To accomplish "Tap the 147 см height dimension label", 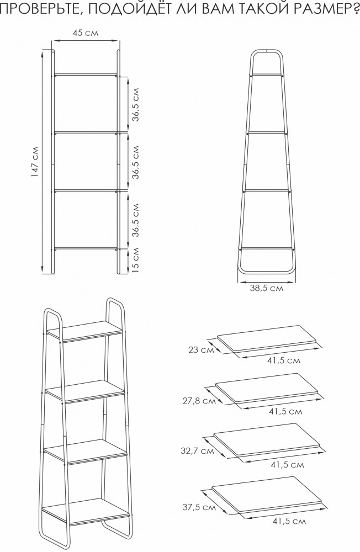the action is point(35,162).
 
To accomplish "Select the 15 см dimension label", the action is point(135,260).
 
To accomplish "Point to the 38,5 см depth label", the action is point(267,288).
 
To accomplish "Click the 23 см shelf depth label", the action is point(201,350).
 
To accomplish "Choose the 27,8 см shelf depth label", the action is point(199,401).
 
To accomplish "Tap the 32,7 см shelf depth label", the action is point(197,451).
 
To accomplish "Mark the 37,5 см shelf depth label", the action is point(199,507).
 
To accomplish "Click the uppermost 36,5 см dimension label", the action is point(136,104).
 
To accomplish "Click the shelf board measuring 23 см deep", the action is point(267,339).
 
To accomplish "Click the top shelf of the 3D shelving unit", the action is point(85,331).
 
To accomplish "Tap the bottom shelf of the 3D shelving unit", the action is point(86,511).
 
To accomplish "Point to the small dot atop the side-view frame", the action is point(267,51).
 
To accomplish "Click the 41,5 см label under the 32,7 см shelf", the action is point(288,465).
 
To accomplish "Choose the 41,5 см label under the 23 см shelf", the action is point(284,361).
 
